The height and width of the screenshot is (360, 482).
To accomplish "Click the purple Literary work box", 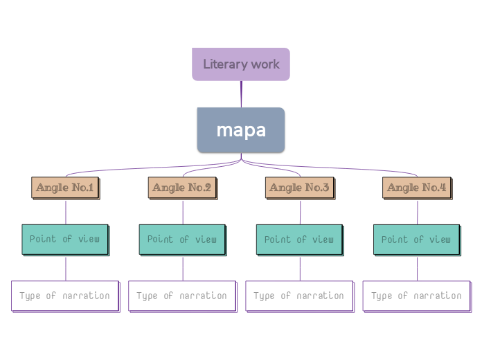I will click(x=240, y=64).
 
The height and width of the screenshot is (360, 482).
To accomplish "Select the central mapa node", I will click(x=240, y=130).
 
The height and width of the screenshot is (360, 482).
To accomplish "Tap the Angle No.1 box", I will click(x=66, y=188).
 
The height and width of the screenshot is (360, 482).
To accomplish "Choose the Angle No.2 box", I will click(x=183, y=188).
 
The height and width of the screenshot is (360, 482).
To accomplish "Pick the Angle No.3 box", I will click(x=300, y=188).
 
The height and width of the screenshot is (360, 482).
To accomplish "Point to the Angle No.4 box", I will click(x=417, y=188).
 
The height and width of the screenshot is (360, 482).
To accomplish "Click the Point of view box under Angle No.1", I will click(x=65, y=240).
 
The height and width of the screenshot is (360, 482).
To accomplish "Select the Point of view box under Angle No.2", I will click(x=182, y=240).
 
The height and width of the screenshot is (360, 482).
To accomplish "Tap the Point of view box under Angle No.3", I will click(x=299, y=240).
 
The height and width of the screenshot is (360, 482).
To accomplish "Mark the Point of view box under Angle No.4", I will click(x=416, y=240).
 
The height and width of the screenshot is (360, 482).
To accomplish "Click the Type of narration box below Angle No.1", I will click(x=65, y=296).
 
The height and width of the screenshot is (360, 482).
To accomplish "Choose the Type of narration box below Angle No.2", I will click(x=182, y=296).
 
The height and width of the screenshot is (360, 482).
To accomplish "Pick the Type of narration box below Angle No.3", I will click(x=299, y=296).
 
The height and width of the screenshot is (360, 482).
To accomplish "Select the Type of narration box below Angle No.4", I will click(x=416, y=296).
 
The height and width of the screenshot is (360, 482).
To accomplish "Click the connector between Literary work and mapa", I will click(x=241, y=94).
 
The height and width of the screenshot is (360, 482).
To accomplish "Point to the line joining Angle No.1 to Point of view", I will click(x=66, y=212).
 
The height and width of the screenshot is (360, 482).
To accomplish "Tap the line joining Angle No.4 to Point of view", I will click(x=417, y=212).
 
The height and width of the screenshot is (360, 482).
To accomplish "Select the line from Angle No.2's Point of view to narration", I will click(x=183, y=268).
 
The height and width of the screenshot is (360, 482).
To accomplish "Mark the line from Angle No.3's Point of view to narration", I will click(x=300, y=268).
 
